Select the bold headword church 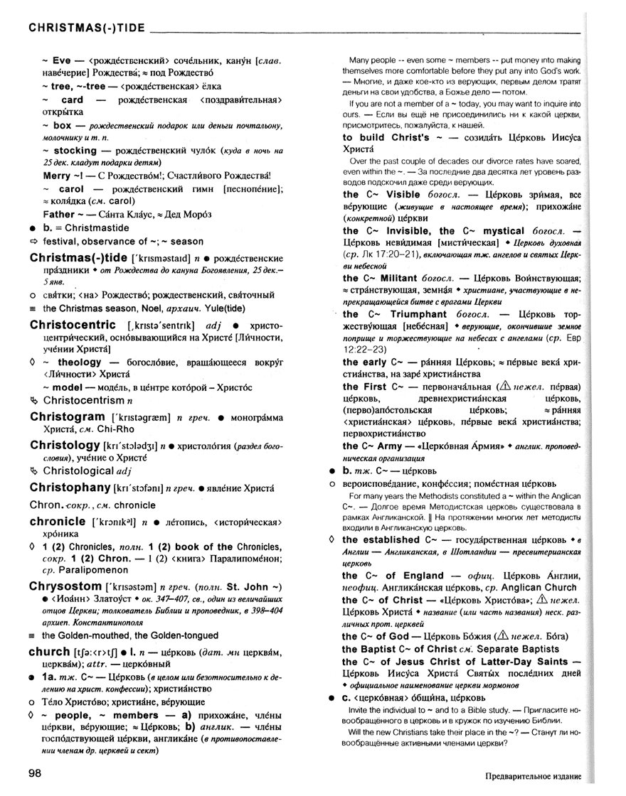49,651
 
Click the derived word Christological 78,470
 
